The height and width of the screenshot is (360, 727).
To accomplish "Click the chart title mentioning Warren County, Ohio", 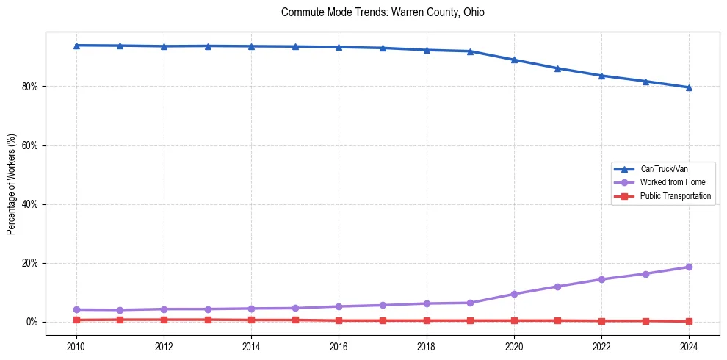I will (383, 13).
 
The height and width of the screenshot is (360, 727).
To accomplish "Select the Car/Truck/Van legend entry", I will (664, 169).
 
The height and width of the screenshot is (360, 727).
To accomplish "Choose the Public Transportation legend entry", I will (675, 196).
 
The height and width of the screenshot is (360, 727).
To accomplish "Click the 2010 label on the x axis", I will (76, 346).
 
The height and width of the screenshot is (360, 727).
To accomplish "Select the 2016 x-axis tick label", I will (339, 346).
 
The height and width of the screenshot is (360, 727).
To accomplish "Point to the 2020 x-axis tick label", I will (514, 346).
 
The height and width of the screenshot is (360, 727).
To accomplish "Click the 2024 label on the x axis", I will (689, 346).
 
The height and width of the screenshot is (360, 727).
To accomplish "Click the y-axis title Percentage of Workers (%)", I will (11, 184).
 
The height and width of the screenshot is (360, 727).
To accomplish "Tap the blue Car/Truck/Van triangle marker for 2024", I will (689, 87).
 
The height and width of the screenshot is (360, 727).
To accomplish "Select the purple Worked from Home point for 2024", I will (689, 267).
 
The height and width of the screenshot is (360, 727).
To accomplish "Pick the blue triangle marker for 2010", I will (76, 46).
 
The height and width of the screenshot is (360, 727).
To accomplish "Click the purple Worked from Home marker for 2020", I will (514, 294).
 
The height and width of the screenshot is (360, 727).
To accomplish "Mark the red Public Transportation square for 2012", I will (164, 320).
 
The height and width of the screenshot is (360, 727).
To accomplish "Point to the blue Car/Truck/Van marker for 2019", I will (470, 51).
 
